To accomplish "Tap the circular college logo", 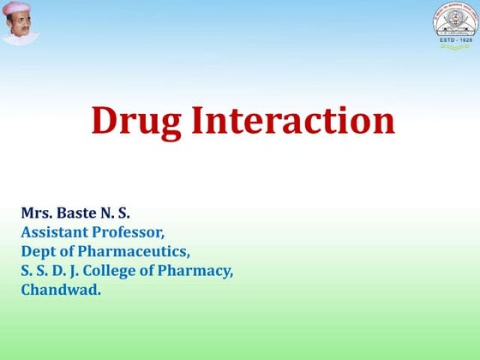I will click(x=453, y=23).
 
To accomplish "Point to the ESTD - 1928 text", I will click(x=453, y=41).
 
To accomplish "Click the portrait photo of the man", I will click(x=21, y=24).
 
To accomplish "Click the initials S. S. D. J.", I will click(x=52, y=271).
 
